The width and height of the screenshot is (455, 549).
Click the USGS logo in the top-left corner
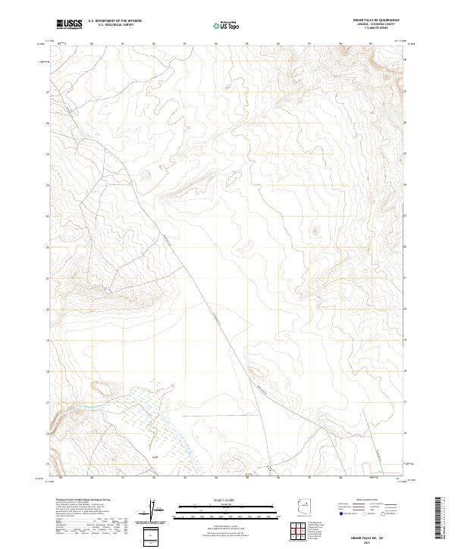69,25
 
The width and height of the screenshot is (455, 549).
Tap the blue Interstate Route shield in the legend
341,513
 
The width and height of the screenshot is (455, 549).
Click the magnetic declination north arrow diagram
155,511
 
